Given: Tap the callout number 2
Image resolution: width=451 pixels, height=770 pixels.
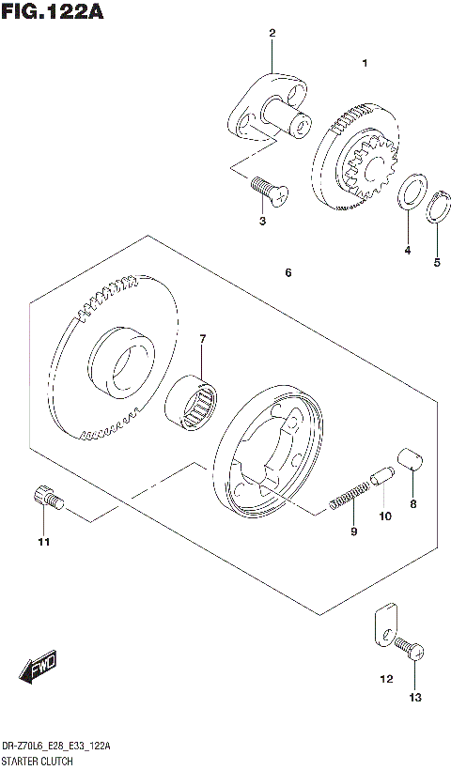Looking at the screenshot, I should pos(272,35).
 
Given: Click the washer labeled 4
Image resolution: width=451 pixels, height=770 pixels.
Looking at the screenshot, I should pos(411,193).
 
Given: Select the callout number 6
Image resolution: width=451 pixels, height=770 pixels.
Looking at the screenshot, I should pos(288,273).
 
